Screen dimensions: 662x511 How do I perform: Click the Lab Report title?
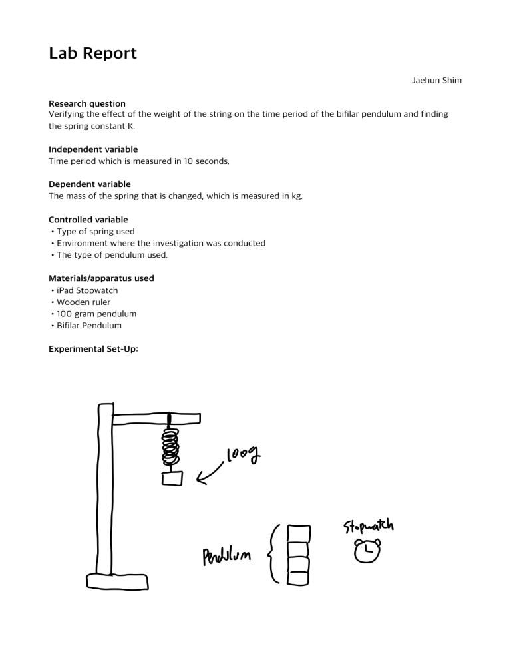92,53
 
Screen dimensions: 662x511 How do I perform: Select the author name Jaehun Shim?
437,81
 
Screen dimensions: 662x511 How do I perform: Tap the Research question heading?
87,103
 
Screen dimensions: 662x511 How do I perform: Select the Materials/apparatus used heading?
101,278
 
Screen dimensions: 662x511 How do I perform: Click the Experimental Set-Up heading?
93,348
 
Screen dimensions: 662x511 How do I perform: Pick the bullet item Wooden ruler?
83,302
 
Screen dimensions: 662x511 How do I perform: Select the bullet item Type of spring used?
95,232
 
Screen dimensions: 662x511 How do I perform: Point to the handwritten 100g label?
244,458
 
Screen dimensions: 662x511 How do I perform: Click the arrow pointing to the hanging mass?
212,471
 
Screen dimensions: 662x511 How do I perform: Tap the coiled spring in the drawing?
171,446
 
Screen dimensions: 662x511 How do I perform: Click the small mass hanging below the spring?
172,478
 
